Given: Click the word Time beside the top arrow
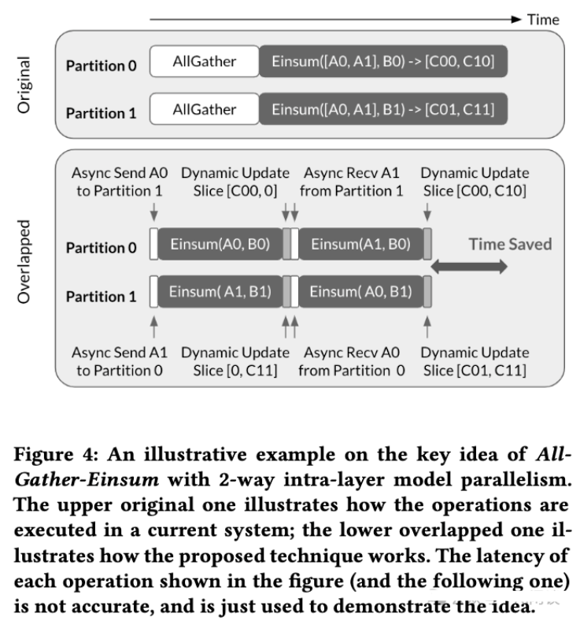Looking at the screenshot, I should [x=543, y=19].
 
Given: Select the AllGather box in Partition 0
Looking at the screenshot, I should [x=204, y=61].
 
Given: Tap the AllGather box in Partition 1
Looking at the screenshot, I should [x=204, y=109].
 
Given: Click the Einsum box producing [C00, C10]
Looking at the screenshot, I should [x=382, y=61].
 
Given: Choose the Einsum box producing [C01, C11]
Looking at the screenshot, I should [x=382, y=109].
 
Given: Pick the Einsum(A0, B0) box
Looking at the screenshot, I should [x=220, y=245].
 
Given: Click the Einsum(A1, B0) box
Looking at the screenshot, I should [x=360, y=245].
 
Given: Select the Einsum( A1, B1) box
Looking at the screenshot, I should [x=220, y=292].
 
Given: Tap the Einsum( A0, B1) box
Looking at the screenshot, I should [x=360, y=292].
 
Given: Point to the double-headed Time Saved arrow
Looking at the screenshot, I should [x=470, y=268].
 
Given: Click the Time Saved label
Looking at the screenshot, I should [x=510, y=244].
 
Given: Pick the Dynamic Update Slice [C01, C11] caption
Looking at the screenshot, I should [x=475, y=360].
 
